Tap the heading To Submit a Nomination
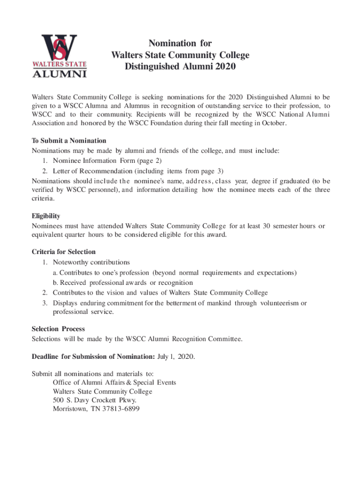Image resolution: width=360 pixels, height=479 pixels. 69,141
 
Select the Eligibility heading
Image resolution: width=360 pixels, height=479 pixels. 46,216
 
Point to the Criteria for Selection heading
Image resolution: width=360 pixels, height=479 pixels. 64,252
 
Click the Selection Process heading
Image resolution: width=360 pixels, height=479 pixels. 58,329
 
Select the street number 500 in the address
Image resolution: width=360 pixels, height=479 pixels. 58,400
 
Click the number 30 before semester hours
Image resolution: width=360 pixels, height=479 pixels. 266,226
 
